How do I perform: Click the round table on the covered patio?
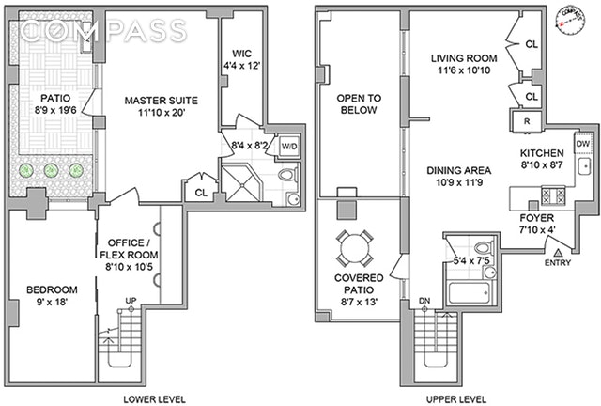pyautogui.click(x=354, y=250)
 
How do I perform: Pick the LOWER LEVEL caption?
pyautogui.click(x=153, y=398)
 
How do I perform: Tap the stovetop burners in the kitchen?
pyautogui.click(x=549, y=195)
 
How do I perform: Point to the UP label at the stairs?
pyautogui.click(x=131, y=302)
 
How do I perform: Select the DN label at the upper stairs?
pyautogui.click(x=424, y=301)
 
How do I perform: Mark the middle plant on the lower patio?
pyautogui.click(x=52, y=170)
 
